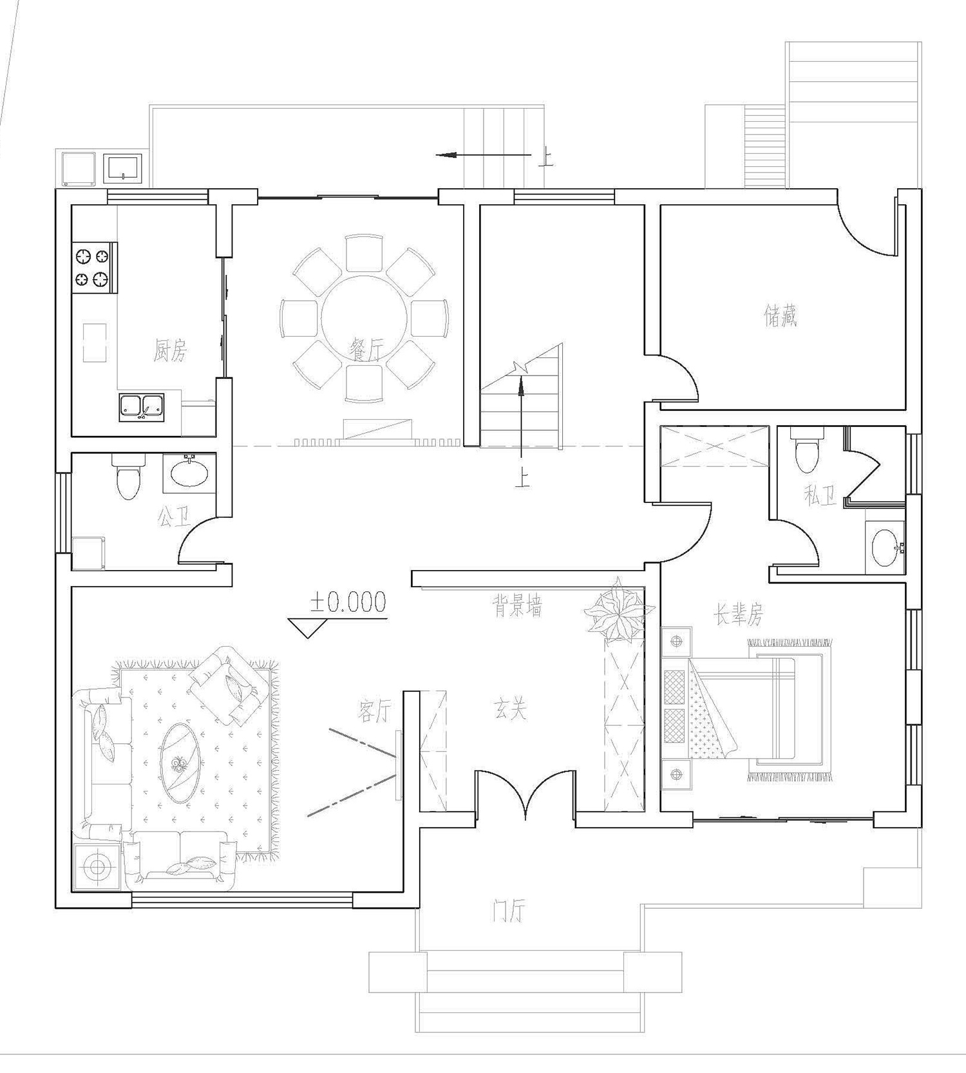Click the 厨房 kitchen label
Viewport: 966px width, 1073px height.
170,351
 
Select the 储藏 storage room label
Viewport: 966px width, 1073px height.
781,316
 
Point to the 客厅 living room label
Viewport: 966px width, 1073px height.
374,711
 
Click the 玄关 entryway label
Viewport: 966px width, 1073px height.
511,710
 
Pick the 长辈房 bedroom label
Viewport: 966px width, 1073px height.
738,615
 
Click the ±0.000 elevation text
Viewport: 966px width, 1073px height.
348,602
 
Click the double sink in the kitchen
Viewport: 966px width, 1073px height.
142,407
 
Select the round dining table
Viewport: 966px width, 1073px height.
365,320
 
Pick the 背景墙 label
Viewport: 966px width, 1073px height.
517,606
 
